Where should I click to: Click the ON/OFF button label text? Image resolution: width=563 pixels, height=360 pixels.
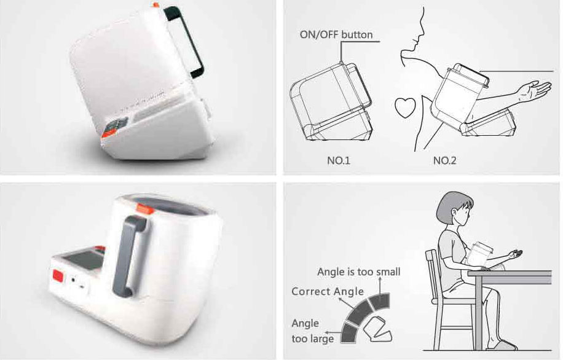(336, 35)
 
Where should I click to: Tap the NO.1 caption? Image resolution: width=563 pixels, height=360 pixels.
(338, 160)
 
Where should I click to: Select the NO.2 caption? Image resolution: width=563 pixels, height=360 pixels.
(444, 160)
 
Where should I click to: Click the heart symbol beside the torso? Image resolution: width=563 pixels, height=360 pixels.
(405, 108)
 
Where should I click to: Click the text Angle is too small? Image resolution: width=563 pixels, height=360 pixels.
(359, 272)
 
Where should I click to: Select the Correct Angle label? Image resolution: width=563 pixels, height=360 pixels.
(328, 291)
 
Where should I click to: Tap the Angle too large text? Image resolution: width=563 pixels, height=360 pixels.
(312, 331)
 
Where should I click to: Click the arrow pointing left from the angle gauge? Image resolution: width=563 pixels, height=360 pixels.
(333, 332)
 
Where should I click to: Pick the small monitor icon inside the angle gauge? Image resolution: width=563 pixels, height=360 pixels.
(377, 329)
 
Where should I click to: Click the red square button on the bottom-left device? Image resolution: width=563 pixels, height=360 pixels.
(58, 276)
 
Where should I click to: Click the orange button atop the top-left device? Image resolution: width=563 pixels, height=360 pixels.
(156, 5)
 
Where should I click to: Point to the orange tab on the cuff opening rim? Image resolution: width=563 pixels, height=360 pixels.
(143, 208)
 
